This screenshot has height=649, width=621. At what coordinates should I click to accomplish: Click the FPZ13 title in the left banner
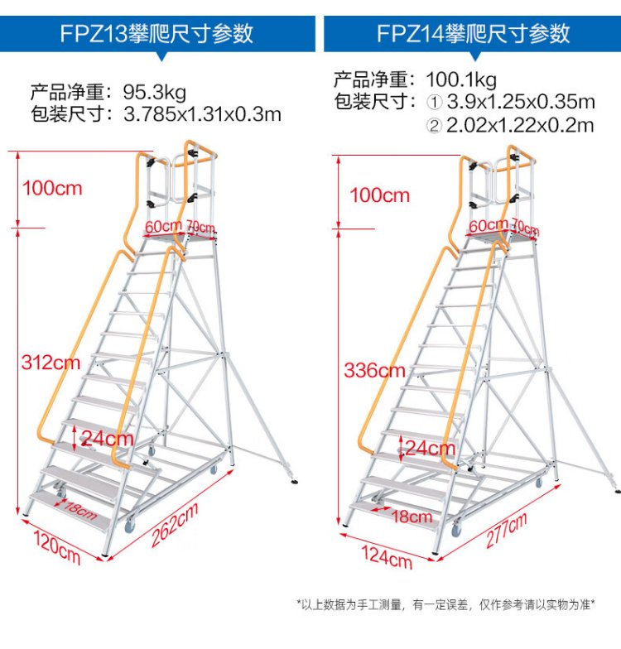click(156, 33)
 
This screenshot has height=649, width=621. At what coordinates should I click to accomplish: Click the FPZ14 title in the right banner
click(473, 33)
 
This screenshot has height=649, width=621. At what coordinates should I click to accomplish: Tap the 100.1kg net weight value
click(461, 80)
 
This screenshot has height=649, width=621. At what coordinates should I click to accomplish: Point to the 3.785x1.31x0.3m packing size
click(202, 113)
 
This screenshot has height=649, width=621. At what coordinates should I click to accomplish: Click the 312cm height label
click(51, 362)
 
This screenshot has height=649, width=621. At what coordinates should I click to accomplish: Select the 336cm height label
click(374, 370)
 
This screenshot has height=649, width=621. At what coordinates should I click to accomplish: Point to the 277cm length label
click(505, 531)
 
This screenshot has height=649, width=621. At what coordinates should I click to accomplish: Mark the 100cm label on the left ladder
click(52, 188)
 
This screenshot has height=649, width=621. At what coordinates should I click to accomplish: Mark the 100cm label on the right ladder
click(379, 196)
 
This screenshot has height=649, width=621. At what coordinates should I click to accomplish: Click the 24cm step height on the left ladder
click(108, 438)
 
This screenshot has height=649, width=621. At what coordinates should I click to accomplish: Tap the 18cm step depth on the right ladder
click(412, 517)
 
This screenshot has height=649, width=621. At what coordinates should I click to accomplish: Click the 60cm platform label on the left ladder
click(162, 225)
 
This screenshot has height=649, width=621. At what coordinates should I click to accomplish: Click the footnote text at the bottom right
click(457, 604)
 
